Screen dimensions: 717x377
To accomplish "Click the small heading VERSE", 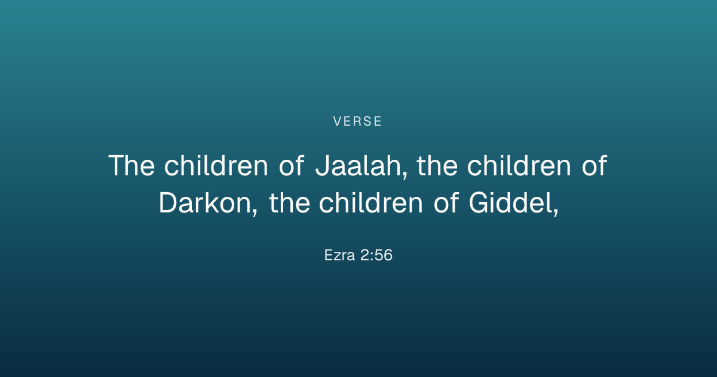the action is pos(357,121).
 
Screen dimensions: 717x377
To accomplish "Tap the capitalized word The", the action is pos(131,165).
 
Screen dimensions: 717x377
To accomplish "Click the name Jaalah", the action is pos(358,165).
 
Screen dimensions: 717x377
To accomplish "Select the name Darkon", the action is pos(205,203).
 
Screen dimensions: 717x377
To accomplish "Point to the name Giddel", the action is pos(510,203).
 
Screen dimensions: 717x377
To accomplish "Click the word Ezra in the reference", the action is pos(339,255).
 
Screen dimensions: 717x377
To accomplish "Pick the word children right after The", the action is pos(216,165).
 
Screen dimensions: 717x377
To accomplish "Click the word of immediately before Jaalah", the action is pos(292,165).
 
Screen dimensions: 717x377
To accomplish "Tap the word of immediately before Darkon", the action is pos(594,165).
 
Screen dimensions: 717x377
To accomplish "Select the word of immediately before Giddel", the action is pos(446,203).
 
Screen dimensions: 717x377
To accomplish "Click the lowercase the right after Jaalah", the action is pos(437,165).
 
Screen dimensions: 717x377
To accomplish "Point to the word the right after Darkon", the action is pos(290,203).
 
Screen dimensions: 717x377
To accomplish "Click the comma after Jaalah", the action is pos(405,174).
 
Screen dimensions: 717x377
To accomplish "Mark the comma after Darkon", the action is pos(255,211).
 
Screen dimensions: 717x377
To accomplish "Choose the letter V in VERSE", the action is pos(338,121).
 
